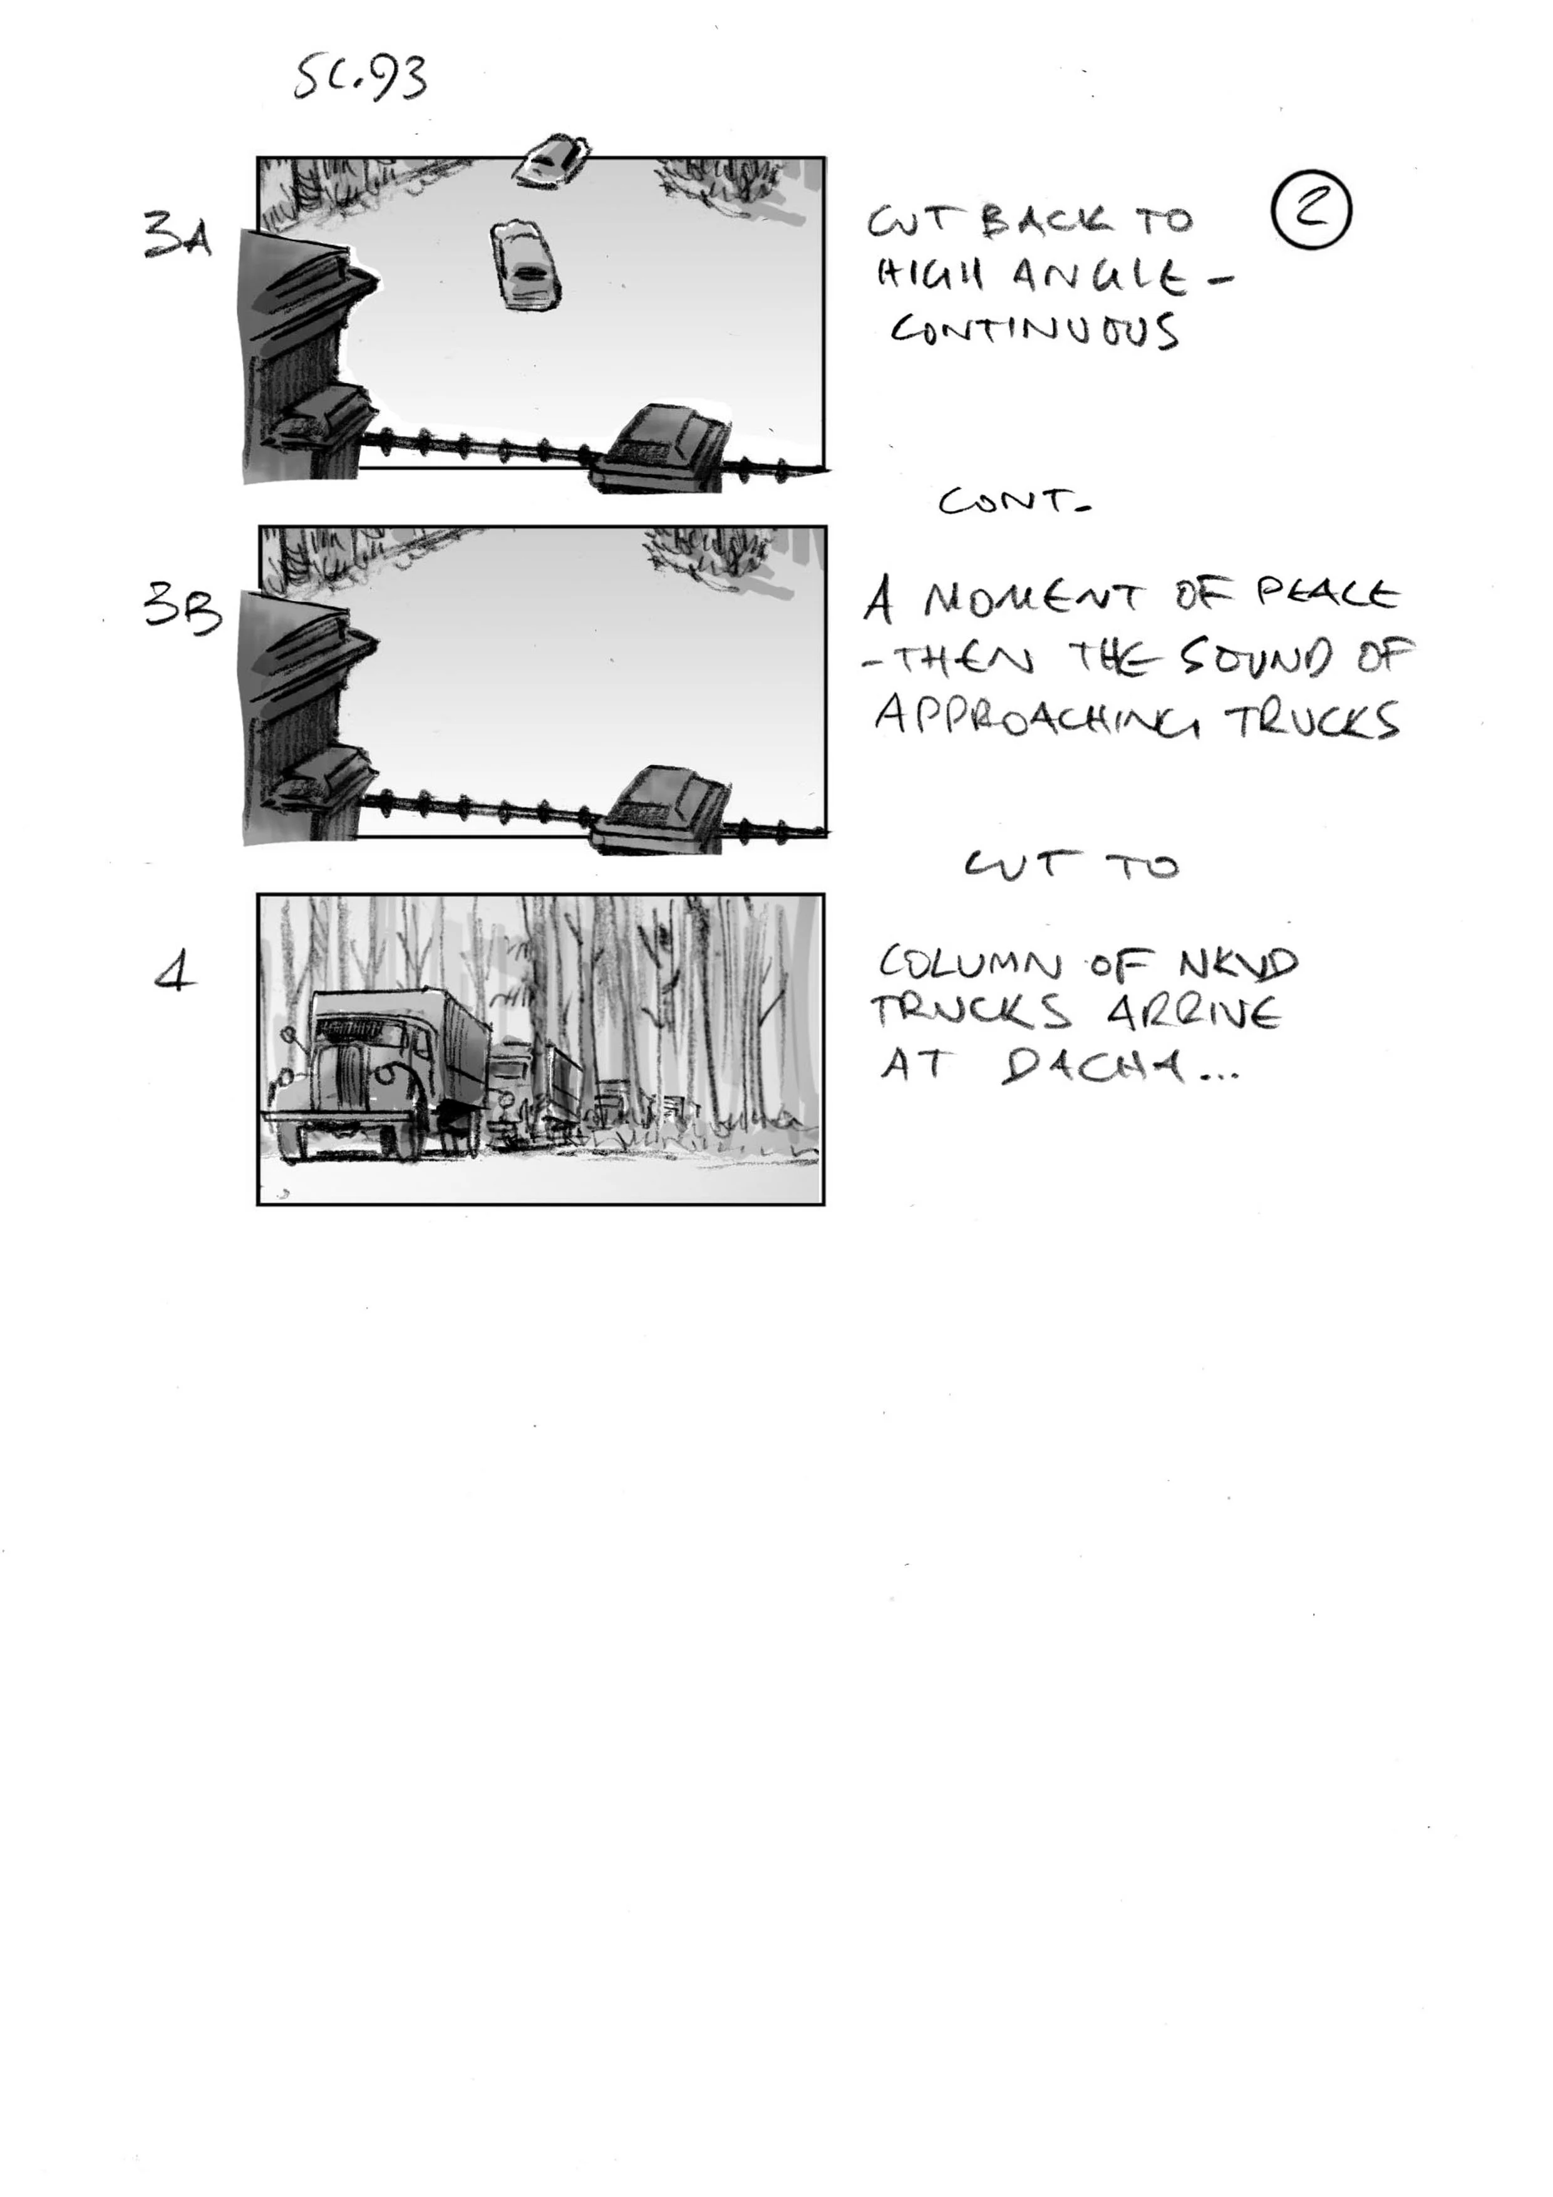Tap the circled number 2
pos(1311,212)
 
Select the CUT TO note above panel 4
pos(1071,866)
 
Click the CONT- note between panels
pos(1014,502)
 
